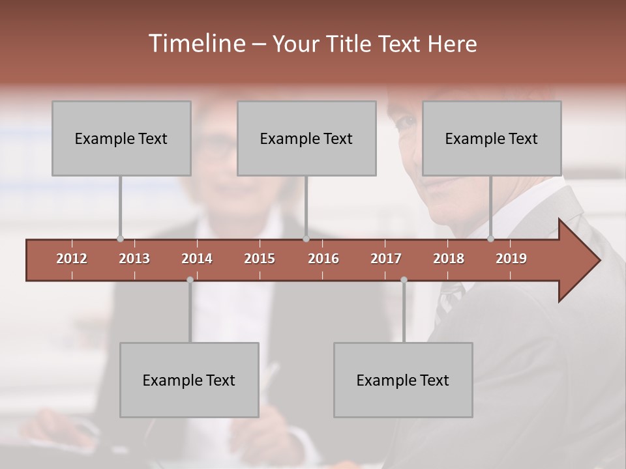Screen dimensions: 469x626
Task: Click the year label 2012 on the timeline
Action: point(72,259)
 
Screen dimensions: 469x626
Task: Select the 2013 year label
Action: point(134,259)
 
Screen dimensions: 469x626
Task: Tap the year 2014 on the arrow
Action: point(197,259)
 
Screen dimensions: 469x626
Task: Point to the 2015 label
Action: point(260,259)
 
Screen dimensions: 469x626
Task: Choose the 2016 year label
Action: point(323,259)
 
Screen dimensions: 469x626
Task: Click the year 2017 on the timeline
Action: point(386,259)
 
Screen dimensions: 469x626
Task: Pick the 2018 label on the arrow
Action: point(449,259)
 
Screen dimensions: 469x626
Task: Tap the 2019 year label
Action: point(511,259)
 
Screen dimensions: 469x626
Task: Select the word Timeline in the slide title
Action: point(196,44)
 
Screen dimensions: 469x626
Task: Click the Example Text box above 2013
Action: point(121,138)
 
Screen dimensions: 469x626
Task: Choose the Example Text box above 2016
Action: point(306,138)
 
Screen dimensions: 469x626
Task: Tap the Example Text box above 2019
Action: point(492,138)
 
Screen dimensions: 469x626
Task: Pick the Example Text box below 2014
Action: point(189,380)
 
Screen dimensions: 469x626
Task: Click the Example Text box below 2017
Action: point(403,380)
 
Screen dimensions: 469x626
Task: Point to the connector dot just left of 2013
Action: point(120,239)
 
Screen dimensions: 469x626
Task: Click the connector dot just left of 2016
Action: point(306,239)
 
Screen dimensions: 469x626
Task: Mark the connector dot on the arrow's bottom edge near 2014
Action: point(190,279)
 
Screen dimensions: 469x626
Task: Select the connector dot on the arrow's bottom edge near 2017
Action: point(404,279)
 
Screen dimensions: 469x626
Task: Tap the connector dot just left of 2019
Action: point(490,239)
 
